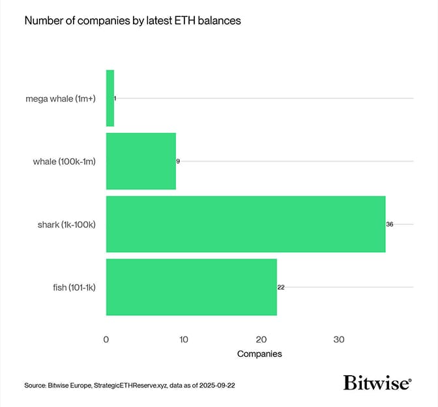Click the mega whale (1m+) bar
coord(109,98)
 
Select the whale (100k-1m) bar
coord(141,161)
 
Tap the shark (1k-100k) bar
coord(246,224)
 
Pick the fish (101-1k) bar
coord(192,287)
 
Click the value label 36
coord(390,224)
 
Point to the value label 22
coord(281,287)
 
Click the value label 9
coord(178,161)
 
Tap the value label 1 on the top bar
coord(115,98)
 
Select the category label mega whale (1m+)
coord(61,98)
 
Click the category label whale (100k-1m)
coord(64,161)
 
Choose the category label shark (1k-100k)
coord(66,224)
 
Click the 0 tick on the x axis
coord(106,339)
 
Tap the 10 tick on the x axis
coord(184,339)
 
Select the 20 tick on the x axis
coord(261,339)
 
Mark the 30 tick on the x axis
coord(339,339)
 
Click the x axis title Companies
coord(259,354)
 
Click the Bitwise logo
coord(377,384)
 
